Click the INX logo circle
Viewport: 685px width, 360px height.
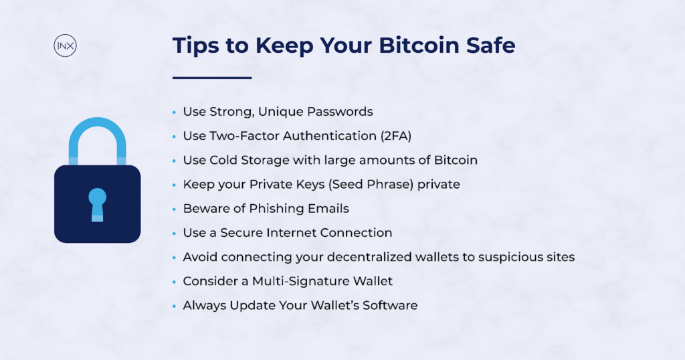point(65,46)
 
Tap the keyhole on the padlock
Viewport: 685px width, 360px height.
point(98,205)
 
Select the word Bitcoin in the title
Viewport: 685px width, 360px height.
point(419,46)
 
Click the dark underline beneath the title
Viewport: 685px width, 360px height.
point(212,78)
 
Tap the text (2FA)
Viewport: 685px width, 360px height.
point(396,136)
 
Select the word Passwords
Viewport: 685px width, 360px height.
point(340,112)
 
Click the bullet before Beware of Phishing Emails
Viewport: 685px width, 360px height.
point(175,209)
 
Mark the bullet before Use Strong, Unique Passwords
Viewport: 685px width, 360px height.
point(175,112)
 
